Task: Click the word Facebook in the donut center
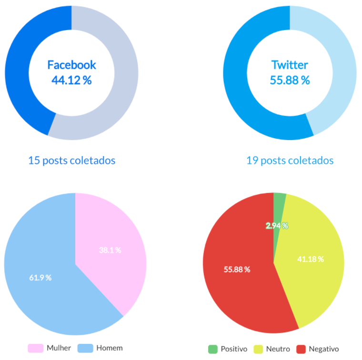71,65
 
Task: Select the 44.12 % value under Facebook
71,80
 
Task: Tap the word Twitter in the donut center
290,65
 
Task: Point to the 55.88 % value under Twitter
290,80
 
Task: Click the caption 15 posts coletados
71,160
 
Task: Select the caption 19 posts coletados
290,160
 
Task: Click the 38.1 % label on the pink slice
110,250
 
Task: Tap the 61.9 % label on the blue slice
40,278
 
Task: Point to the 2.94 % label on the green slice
277,226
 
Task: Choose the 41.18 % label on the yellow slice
311,259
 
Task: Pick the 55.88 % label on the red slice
237,270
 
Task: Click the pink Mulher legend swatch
36,348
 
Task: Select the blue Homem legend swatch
85,348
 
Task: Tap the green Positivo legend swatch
212,349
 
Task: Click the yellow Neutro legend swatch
258,349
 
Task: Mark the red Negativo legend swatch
301,349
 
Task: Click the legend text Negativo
324,349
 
